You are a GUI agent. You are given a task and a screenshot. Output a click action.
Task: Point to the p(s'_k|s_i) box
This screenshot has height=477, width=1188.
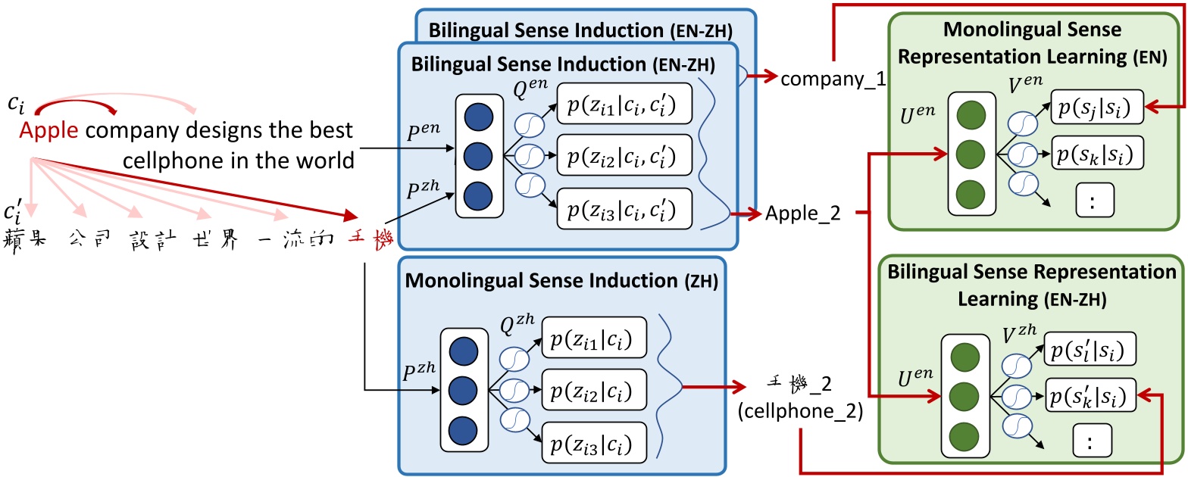(1091, 395)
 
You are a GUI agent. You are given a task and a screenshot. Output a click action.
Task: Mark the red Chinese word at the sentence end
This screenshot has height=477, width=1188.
(369, 239)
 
